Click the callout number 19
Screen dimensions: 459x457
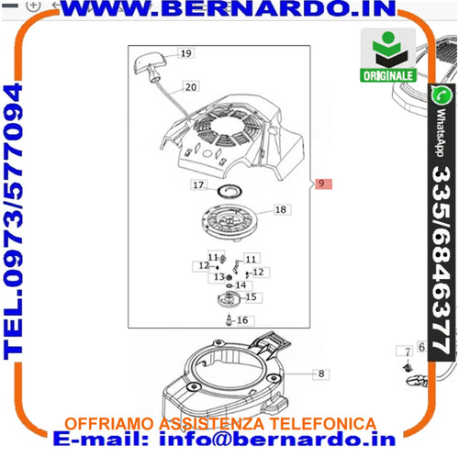coord(186,53)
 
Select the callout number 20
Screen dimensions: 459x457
coord(191,87)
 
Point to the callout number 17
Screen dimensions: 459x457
coord(198,185)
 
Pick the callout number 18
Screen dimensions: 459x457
coord(281,210)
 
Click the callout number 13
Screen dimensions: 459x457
coord(219,277)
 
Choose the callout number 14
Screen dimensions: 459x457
coord(241,285)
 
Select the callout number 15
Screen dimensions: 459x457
coord(251,297)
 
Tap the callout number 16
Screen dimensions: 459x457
coord(242,320)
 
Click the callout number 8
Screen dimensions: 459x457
coord(321,373)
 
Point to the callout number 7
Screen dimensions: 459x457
coord(408,352)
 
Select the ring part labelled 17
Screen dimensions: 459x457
coord(229,192)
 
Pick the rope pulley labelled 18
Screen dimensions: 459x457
coord(229,222)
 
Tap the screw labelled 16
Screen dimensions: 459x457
coord(229,319)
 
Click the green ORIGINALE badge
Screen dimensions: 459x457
coord(388,55)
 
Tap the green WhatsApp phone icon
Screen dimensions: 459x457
coord(442,95)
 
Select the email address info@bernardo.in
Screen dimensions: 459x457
coord(277,439)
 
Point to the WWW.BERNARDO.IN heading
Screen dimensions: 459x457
coord(228,9)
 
